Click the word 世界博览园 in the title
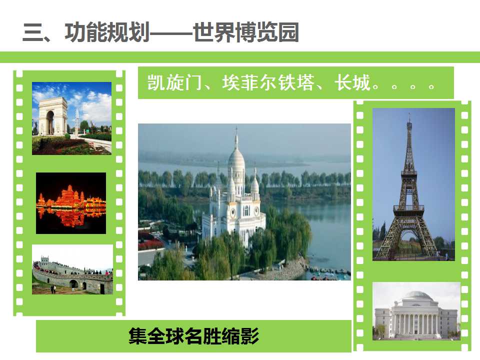pos(246,32)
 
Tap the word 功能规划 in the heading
pos(107,32)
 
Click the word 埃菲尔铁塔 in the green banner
pos(268,82)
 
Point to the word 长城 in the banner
pos(352,82)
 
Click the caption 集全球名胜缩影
pos(194,336)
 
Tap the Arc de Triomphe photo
pos(71,118)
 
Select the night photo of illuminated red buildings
pos(71,203)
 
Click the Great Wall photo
pos(72,269)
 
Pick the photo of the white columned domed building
pos(416,311)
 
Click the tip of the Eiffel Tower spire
pos(409,113)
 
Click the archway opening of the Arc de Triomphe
pos(50,122)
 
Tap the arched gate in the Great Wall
pos(74,284)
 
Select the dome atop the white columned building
pos(416,295)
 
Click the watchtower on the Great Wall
pos(44,259)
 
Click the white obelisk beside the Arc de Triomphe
pos(77,121)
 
